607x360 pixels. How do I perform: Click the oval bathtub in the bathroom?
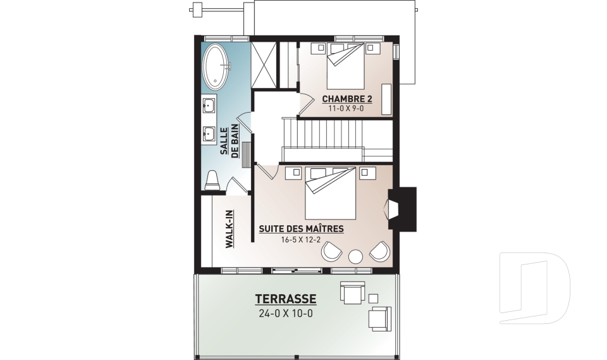point(216,66)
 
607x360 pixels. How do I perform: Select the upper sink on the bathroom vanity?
point(209,104)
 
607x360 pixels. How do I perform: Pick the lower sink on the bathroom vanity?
point(209,133)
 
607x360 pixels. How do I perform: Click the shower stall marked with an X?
point(264,65)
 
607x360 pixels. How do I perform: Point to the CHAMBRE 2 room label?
point(347,99)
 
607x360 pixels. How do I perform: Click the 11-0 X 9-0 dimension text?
point(346,108)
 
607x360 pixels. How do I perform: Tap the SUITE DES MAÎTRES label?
point(301,228)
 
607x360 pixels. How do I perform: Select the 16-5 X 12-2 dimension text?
point(301,240)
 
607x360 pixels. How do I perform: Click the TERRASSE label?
point(286,299)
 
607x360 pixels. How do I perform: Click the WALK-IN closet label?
point(229,229)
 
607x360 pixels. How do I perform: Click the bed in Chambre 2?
point(346,66)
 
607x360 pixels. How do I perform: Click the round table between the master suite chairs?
point(355,256)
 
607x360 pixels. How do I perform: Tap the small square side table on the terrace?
point(373,299)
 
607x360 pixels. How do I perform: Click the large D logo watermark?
point(535,288)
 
